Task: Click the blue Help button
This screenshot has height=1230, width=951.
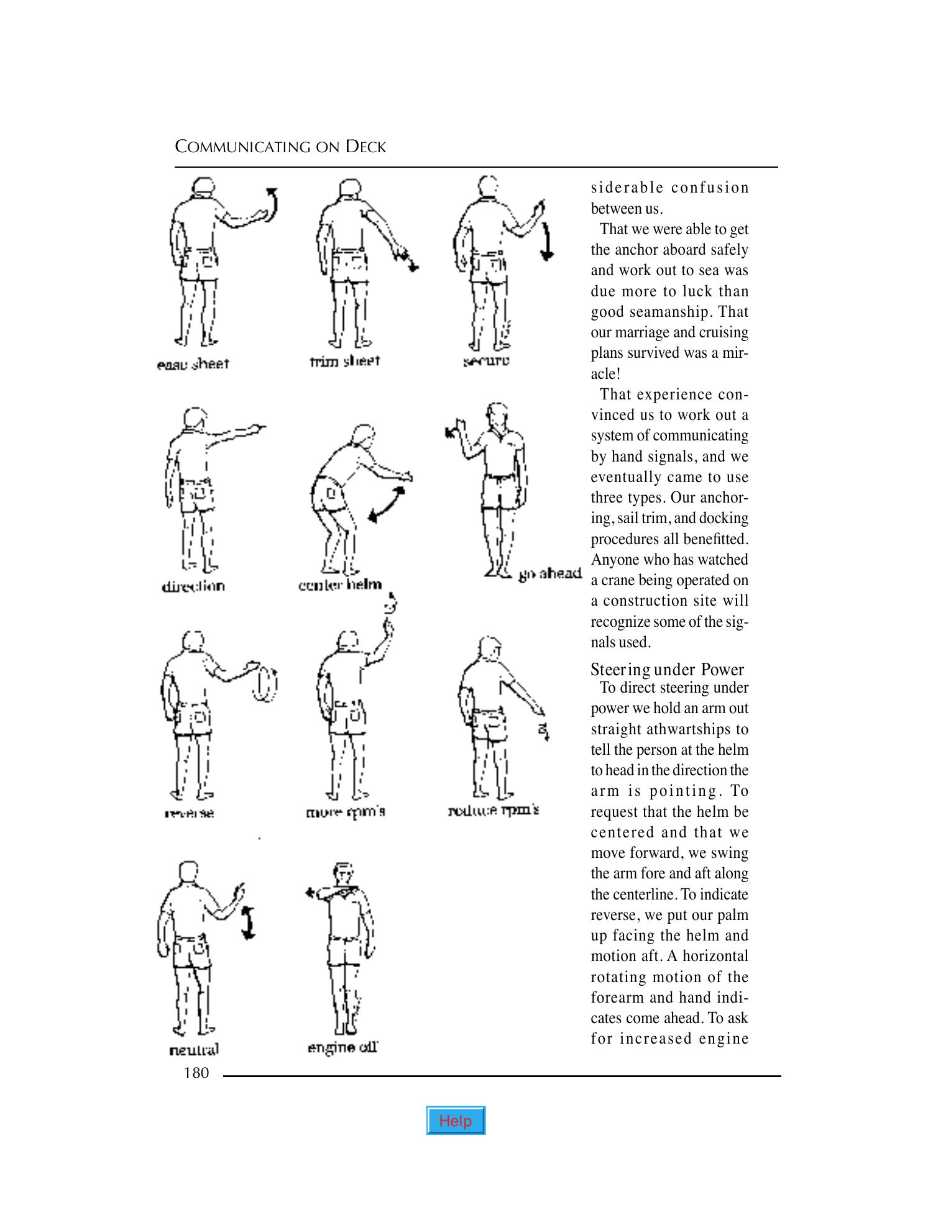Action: click(456, 1121)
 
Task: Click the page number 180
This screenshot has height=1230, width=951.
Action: click(196, 1073)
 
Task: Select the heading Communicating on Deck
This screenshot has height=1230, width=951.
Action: click(280, 147)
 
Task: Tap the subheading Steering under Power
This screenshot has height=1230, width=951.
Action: click(667, 670)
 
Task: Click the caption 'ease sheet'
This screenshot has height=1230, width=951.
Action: click(193, 365)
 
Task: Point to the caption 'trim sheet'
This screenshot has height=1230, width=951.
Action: click(344, 361)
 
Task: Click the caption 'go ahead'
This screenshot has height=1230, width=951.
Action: click(549, 573)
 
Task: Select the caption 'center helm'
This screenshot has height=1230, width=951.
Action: click(339, 585)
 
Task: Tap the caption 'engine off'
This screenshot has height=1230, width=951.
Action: click(342, 1048)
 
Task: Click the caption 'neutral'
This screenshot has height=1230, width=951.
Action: click(194, 1050)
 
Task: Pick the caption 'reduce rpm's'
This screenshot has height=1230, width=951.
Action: click(494, 811)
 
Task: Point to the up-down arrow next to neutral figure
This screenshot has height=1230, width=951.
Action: click(248, 922)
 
